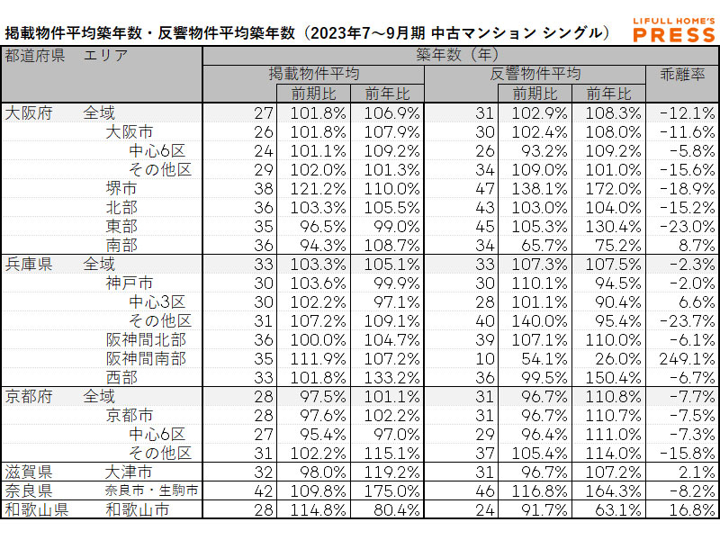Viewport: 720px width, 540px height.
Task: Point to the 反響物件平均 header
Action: (535, 75)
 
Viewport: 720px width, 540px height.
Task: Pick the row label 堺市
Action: (121, 188)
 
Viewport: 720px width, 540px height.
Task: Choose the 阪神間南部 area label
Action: (146, 358)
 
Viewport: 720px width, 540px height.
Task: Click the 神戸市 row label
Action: (129, 283)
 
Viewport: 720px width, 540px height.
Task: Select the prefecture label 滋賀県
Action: (29, 472)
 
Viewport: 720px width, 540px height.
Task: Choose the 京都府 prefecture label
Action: (29, 396)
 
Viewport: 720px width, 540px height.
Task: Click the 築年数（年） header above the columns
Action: (459, 55)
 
